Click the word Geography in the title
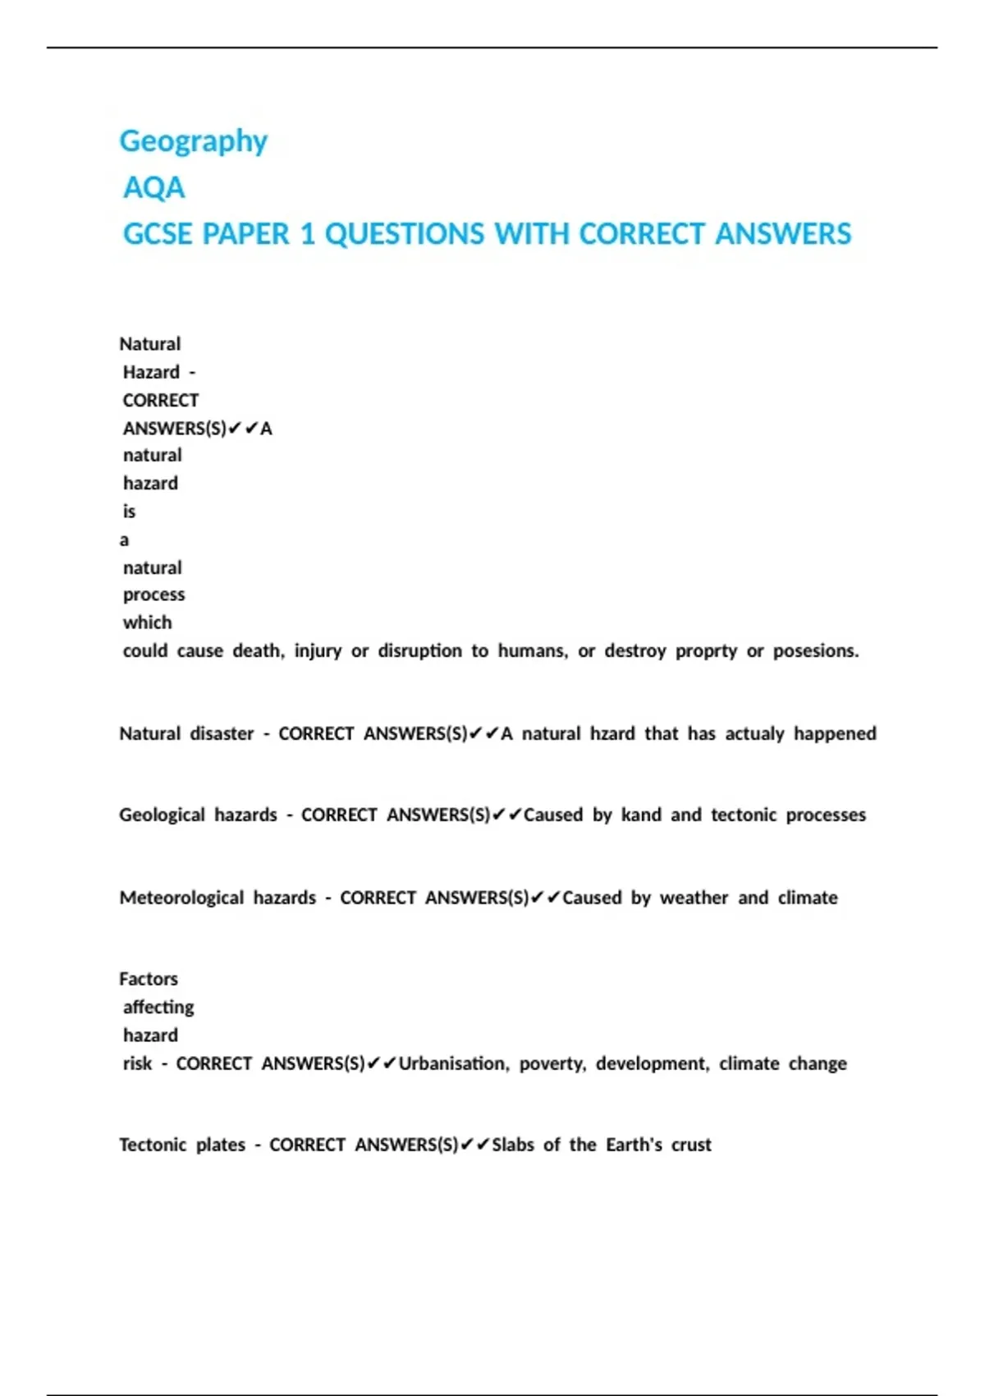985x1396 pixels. (193, 141)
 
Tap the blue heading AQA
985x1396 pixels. (153, 188)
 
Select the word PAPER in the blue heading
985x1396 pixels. (245, 234)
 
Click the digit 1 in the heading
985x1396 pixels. (308, 234)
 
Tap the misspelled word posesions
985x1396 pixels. (815, 651)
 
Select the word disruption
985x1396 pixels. (419, 651)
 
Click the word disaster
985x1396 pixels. (222, 733)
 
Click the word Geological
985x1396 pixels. (162, 815)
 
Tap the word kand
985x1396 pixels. (641, 815)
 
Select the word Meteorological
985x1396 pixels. (181, 898)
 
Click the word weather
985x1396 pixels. (694, 898)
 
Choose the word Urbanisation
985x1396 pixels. (451, 1064)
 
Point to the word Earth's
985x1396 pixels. (634, 1145)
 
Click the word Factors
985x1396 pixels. (149, 979)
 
